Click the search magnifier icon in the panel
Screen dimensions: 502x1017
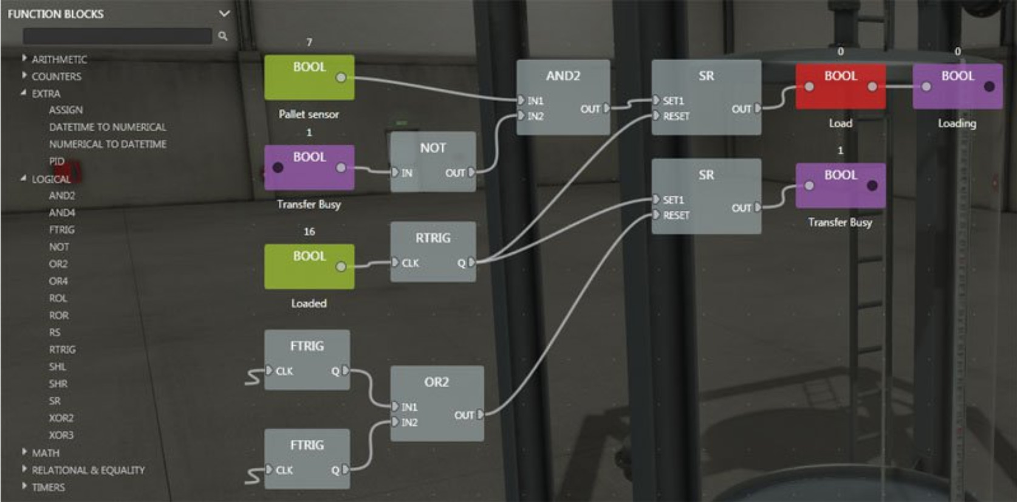[223, 36]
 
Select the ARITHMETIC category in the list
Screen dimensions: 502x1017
[59, 59]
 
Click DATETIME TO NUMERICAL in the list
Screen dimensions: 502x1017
[108, 127]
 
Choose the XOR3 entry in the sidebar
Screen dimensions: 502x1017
[61, 435]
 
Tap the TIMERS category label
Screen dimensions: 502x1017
[48, 487]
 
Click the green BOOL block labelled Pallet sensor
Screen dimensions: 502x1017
[309, 77]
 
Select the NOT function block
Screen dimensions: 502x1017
[433, 161]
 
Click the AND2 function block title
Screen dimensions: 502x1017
[563, 76]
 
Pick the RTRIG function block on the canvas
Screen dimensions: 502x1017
[433, 251]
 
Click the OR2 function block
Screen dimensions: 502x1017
[437, 402]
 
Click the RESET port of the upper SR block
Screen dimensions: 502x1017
[657, 116]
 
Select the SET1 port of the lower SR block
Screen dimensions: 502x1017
[657, 199]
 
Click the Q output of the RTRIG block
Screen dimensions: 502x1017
[471, 263]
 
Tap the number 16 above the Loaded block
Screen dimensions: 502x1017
[309, 232]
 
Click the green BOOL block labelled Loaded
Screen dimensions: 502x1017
[309, 266]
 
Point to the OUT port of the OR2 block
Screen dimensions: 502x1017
[480, 415]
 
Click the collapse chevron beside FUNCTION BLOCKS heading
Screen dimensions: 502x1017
[224, 13]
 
